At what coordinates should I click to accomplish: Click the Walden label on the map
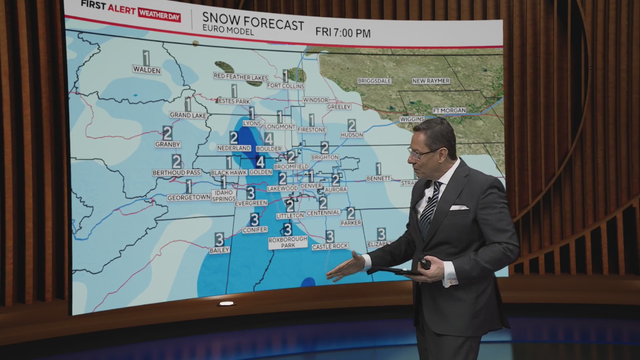(146, 70)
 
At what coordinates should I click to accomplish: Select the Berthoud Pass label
(176, 173)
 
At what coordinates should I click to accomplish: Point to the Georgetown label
(188, 197)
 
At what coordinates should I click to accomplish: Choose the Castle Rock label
(330, 247)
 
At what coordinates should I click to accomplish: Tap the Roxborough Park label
(287, 241)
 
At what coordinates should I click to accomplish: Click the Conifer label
(254, 230)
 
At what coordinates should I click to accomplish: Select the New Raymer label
(432, 80)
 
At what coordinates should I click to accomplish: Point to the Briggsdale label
(374, 79)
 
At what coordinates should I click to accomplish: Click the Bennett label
(379, 179)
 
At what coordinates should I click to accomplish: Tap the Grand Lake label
(187, 115)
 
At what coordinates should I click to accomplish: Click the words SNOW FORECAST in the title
(253, 17)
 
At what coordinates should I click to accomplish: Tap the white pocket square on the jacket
(458, 207)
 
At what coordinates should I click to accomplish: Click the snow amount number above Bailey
(219, 238)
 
